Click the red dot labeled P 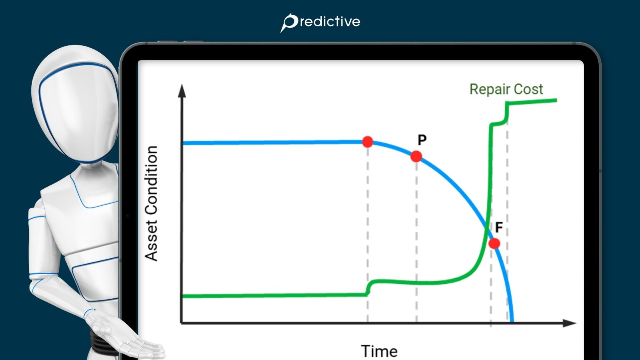click(x=416, y=156)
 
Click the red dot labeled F click(x=494, y=243)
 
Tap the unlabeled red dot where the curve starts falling click(x=367, y=142)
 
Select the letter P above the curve click(x=422, y=140)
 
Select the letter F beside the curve click(x=499, y=227)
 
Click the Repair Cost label click(x=506, y=89)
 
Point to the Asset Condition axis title click(x=151, y=203)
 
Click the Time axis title click(x=379, y=351)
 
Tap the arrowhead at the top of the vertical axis click(x=182, y=90)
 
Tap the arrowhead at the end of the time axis click(x=570, y=323)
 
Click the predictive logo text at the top click(x=329, y=22)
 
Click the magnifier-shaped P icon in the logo click(x=288, y=22)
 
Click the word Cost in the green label click(x=528, y=89)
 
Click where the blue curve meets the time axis click(x=512, y=321)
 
